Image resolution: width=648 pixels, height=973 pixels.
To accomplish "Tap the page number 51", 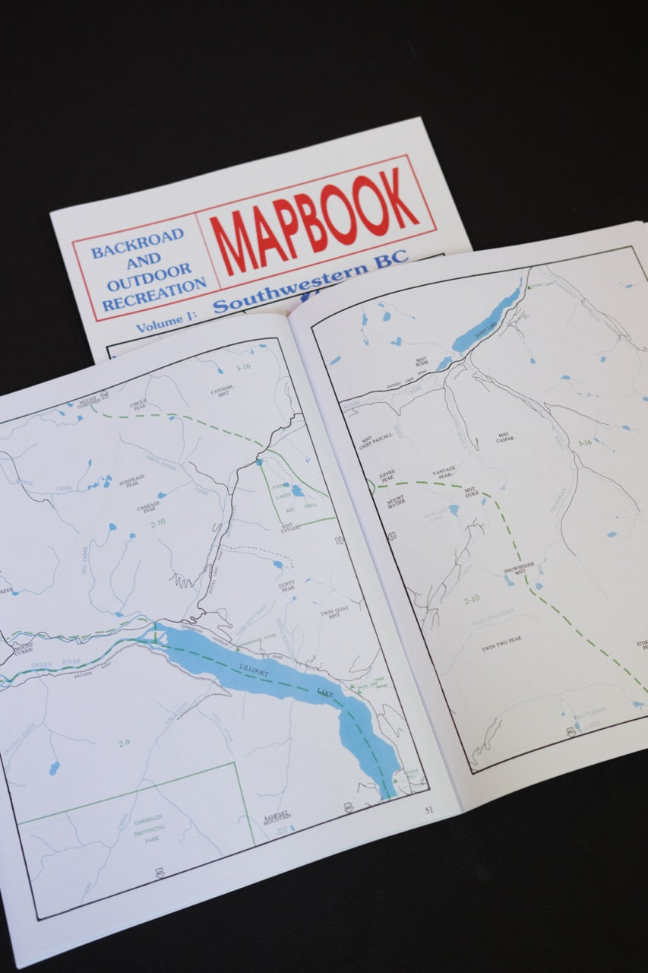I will [x=428, y=810].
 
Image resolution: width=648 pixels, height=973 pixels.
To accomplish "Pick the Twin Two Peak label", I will [x=501, y=648].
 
